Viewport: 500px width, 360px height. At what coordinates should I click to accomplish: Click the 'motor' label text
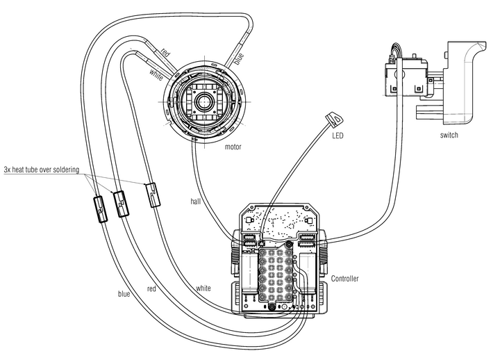(233, 147)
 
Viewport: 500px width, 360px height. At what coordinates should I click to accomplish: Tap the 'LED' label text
(337, 136)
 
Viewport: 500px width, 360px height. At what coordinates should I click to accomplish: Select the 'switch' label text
(449, 135)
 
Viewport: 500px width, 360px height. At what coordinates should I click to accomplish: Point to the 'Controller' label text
(344, 279)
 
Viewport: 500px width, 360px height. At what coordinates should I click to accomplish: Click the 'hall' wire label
(195, 202)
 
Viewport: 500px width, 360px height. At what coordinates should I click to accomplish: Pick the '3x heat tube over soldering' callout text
(42, 170)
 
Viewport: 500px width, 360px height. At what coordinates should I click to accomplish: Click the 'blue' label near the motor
(239, 59)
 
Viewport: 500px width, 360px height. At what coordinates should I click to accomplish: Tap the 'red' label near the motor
(165, 52)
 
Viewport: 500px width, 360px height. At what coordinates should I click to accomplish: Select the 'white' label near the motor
(156, 75)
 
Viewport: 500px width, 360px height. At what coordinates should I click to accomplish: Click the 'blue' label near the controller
(124, 293)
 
